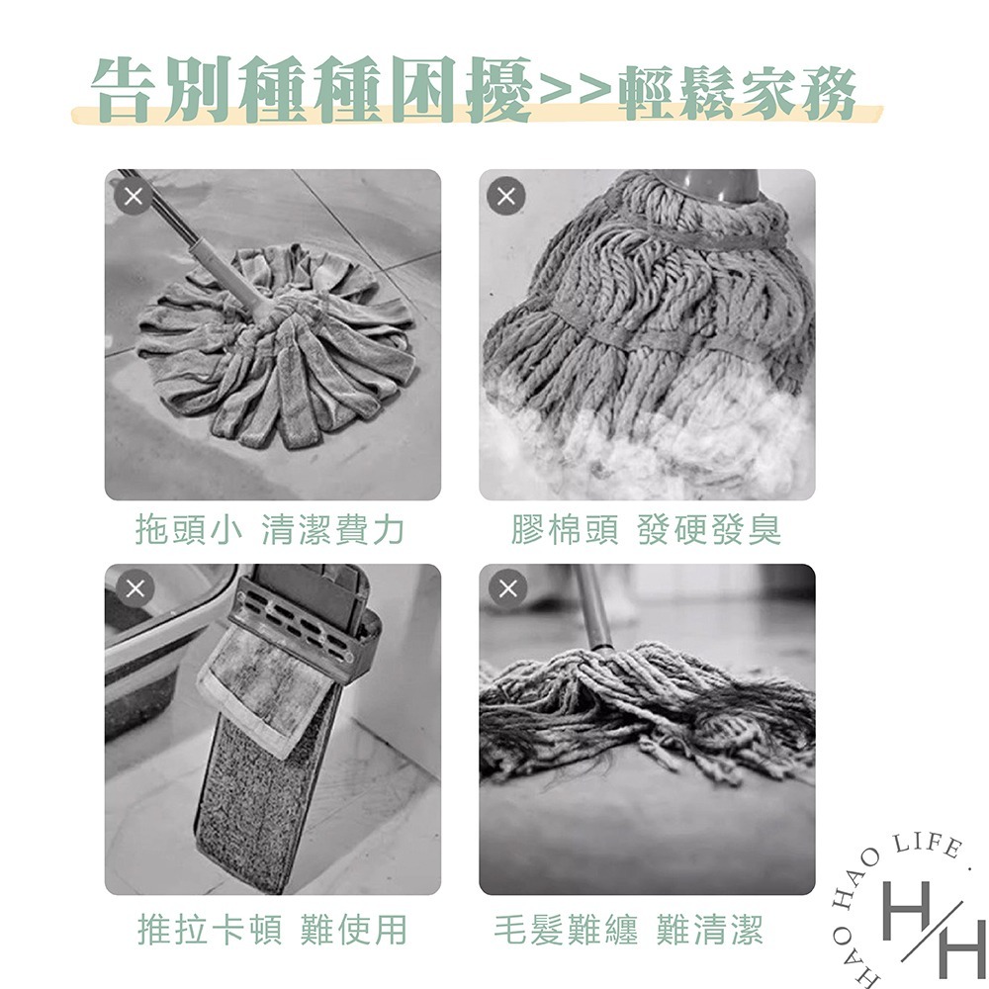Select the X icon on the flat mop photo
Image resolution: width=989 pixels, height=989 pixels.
pos(135,589)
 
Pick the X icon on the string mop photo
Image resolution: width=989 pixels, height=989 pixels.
pos(508,589)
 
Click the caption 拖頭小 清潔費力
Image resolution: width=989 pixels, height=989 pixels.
pos(271,531)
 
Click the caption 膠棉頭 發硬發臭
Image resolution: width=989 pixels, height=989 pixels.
pos(646,531)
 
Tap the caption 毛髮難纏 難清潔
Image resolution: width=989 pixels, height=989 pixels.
pos(629,930)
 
